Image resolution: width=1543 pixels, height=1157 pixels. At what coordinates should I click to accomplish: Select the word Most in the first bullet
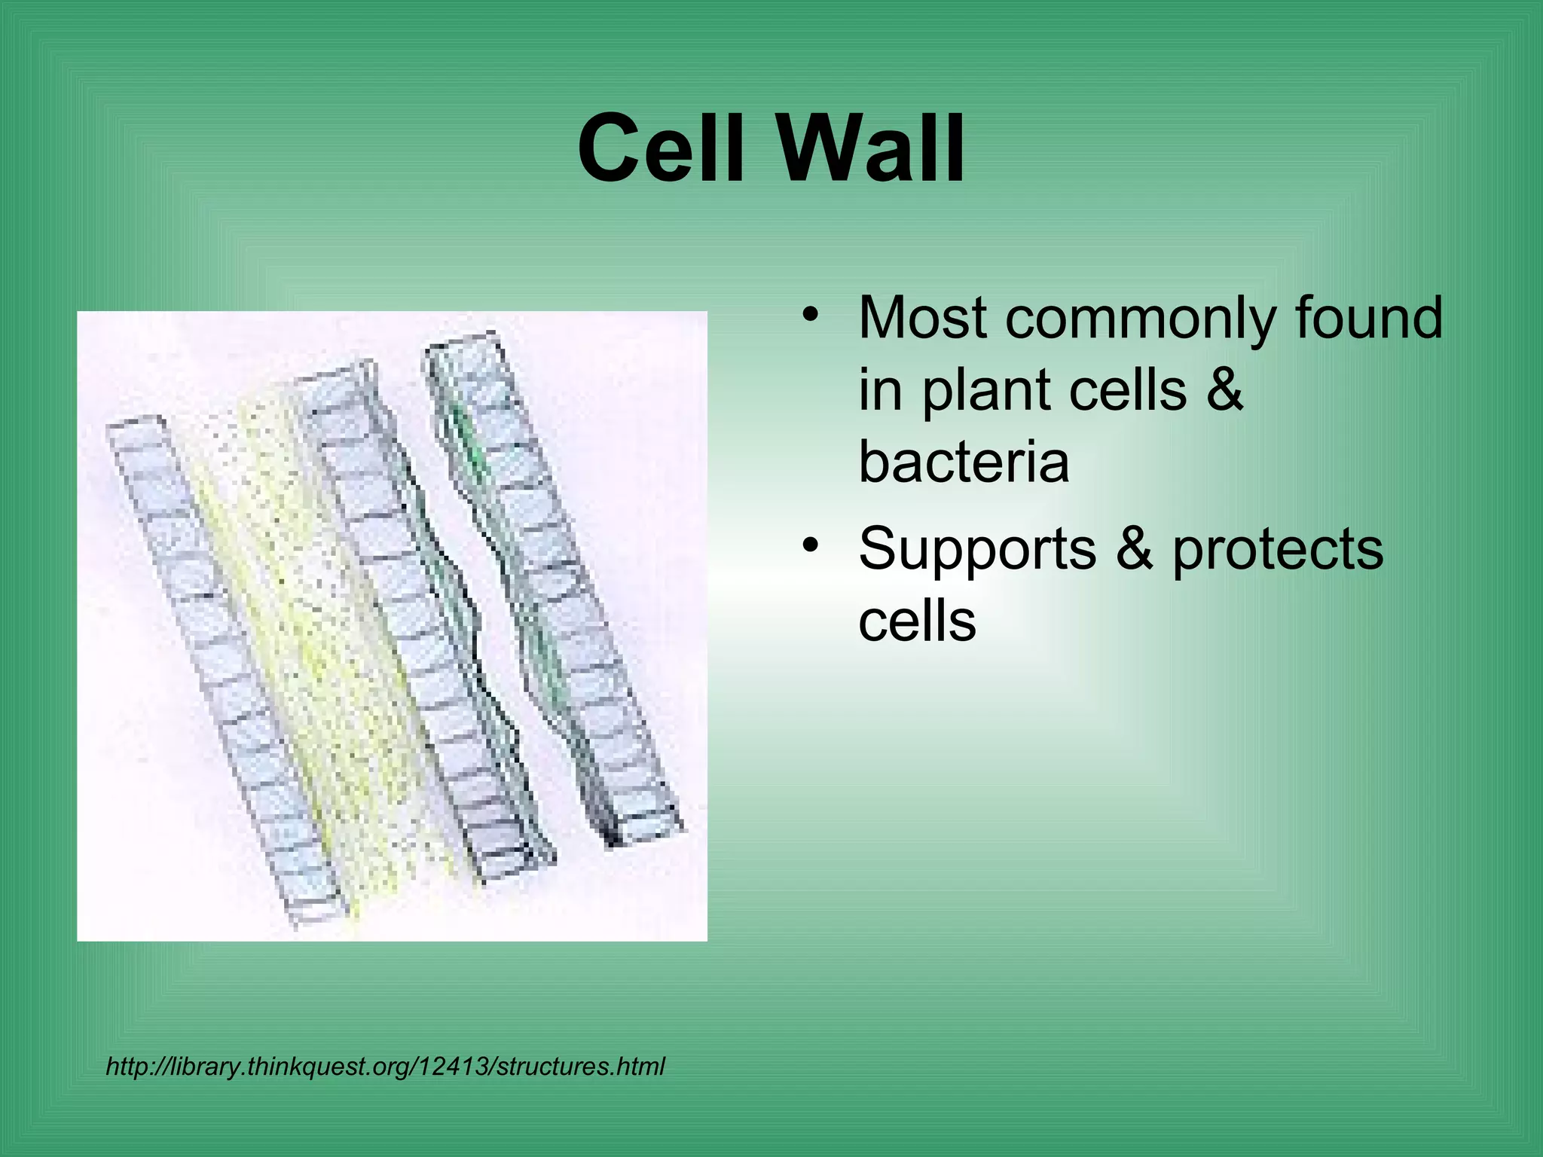tap(924, 318)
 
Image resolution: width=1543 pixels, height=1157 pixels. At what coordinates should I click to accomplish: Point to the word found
tap(1368, 318)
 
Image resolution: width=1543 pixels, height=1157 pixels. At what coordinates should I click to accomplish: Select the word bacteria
tap(963, 462)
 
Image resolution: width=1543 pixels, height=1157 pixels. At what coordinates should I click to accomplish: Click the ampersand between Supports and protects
tap(1135, 548)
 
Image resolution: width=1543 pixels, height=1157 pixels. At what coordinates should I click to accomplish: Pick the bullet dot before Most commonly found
tap(810, 314)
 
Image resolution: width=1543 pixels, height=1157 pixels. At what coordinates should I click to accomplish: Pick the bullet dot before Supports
tap(810, 545)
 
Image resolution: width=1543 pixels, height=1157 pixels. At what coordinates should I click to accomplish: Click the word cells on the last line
tap(916, 622)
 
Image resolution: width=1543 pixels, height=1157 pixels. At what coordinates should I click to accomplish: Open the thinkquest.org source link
tap(385, 1067)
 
